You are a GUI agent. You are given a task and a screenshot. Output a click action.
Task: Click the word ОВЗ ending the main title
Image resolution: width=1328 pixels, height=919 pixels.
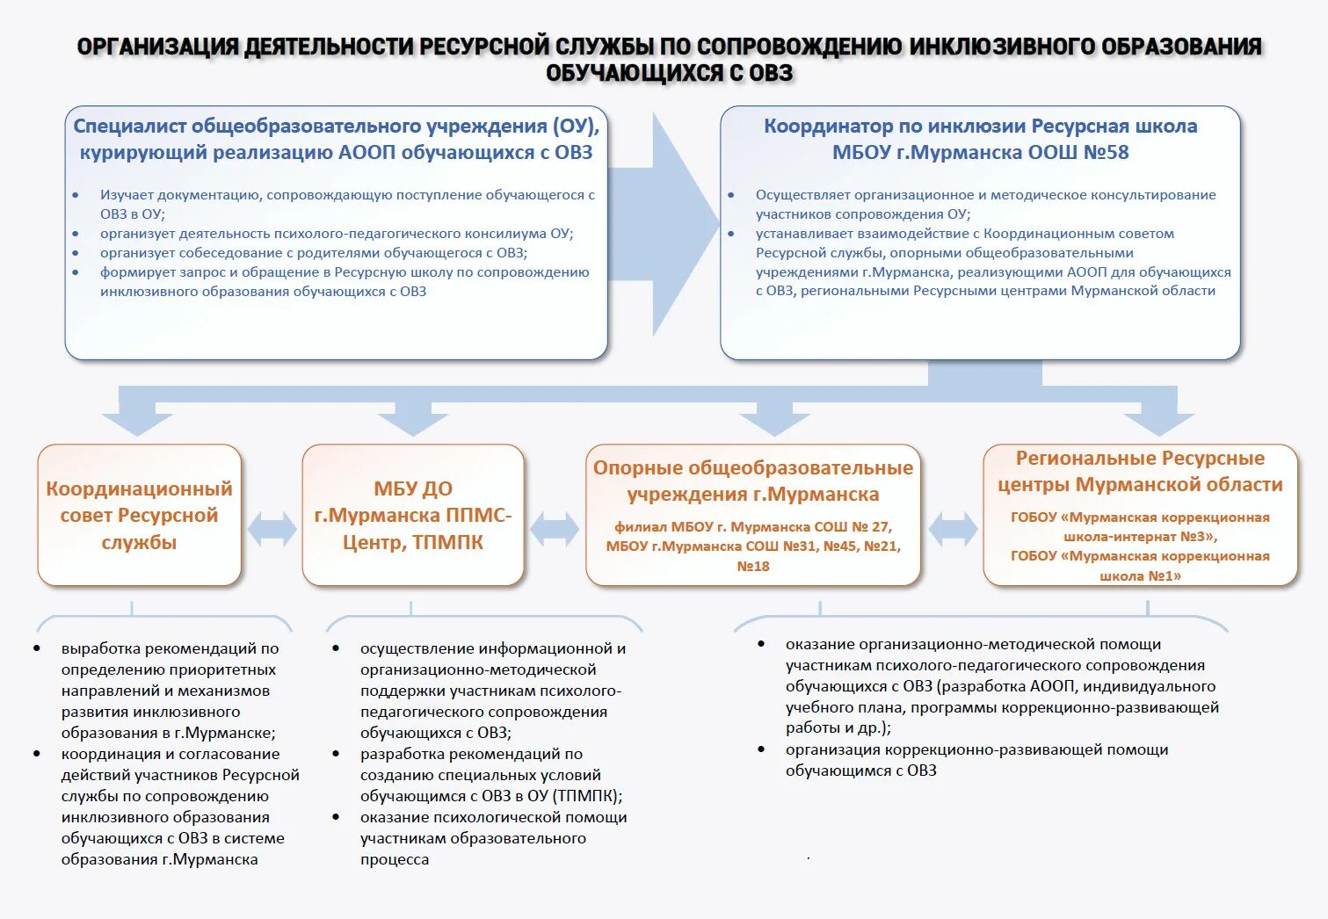(771, 73)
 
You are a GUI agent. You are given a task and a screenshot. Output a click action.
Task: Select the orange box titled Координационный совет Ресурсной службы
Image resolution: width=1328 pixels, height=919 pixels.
(139, 515)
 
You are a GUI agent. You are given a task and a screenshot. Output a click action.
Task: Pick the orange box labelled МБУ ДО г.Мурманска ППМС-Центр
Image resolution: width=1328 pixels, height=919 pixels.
(412, 515)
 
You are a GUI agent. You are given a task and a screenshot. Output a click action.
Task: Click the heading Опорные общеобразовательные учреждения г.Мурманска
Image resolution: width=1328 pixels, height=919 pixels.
(753, 481)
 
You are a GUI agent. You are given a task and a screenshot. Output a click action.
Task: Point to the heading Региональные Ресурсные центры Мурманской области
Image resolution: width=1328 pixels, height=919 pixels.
(1140, 471)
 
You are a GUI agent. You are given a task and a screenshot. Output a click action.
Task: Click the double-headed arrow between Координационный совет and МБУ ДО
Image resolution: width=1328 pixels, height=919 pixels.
(272, 529)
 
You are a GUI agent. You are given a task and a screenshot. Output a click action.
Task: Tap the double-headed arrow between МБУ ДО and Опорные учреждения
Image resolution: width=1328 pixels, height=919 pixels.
(555, 528)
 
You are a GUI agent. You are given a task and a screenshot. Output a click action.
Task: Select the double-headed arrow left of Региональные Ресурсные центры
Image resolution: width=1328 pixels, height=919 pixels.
(953, 528)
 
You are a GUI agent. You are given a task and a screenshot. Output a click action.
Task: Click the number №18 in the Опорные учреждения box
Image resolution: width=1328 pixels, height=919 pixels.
(753, 567)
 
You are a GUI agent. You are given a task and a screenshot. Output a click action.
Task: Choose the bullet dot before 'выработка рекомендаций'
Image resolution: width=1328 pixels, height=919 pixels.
(37, 648)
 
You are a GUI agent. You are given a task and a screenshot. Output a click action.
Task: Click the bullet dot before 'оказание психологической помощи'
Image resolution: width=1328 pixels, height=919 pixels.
(337, 817)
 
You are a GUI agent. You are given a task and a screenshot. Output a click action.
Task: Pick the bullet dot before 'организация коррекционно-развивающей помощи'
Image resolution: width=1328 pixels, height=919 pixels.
(761, 749)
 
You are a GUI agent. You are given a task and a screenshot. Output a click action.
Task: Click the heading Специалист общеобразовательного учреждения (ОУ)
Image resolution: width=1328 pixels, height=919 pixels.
(336, 127)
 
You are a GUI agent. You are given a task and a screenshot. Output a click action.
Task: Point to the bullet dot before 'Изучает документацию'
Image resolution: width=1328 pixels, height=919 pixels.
(76, 195)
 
